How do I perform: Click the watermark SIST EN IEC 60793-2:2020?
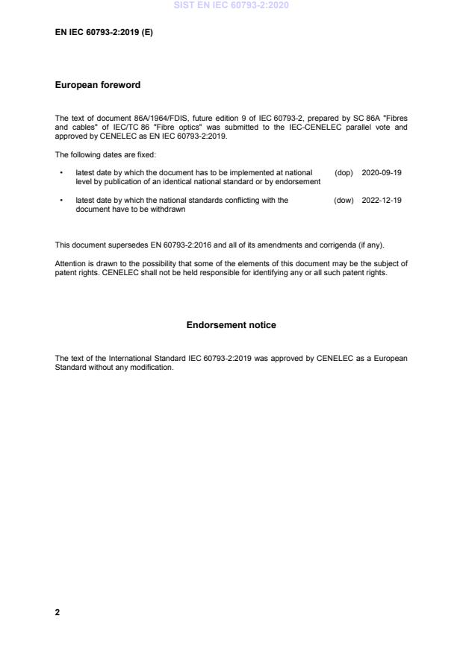coord(231,5)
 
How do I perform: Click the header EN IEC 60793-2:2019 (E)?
coord(104,33)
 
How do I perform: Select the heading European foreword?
coord(98,85)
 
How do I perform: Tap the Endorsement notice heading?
coord(231,325)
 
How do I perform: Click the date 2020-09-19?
coord(382,172)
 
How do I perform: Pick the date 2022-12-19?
coord(382,200)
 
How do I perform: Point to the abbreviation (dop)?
coord(344,172)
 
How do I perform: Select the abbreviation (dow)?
coord(344,200)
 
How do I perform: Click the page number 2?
coord(58,612)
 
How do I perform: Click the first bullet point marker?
coord(60,172)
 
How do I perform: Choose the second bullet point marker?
coord(60,200)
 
